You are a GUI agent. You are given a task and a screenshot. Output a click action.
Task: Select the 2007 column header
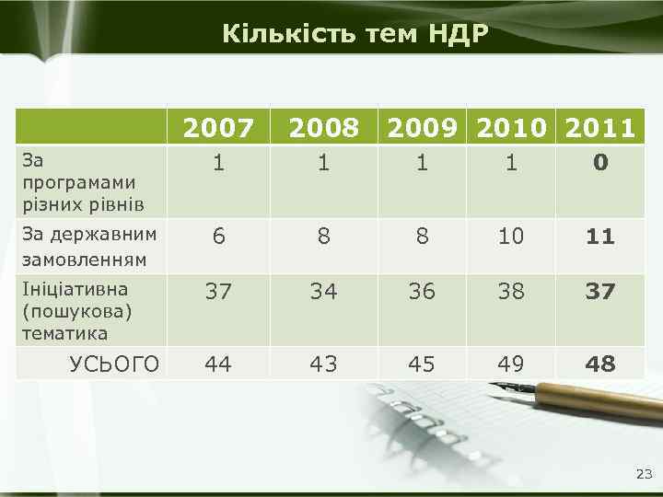click(x=218, y=129)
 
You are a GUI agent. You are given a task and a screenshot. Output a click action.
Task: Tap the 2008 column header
click(x=322, y=129)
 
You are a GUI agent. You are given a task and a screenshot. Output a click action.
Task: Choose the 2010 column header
click(x=511, y=129)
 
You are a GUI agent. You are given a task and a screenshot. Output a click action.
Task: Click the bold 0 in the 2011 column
click(x=600, y=163)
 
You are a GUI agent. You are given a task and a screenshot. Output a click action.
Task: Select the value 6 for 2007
click(x=218, y=237)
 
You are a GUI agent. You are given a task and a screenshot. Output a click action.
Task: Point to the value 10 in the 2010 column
click(x=511, y=237)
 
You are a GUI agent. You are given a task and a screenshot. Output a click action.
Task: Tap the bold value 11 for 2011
click(x=600, y=237)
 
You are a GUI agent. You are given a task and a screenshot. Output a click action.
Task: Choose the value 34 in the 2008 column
click(x=322, y=292)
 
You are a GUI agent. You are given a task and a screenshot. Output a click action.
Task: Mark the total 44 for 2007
click(x=218, y=364)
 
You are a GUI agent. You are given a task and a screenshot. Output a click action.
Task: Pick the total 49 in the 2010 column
click(x=511, y=364)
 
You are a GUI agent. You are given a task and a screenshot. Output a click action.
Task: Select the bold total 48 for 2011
click(x=600, y=364)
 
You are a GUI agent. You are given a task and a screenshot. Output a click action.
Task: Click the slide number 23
click(x=643, y=475)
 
